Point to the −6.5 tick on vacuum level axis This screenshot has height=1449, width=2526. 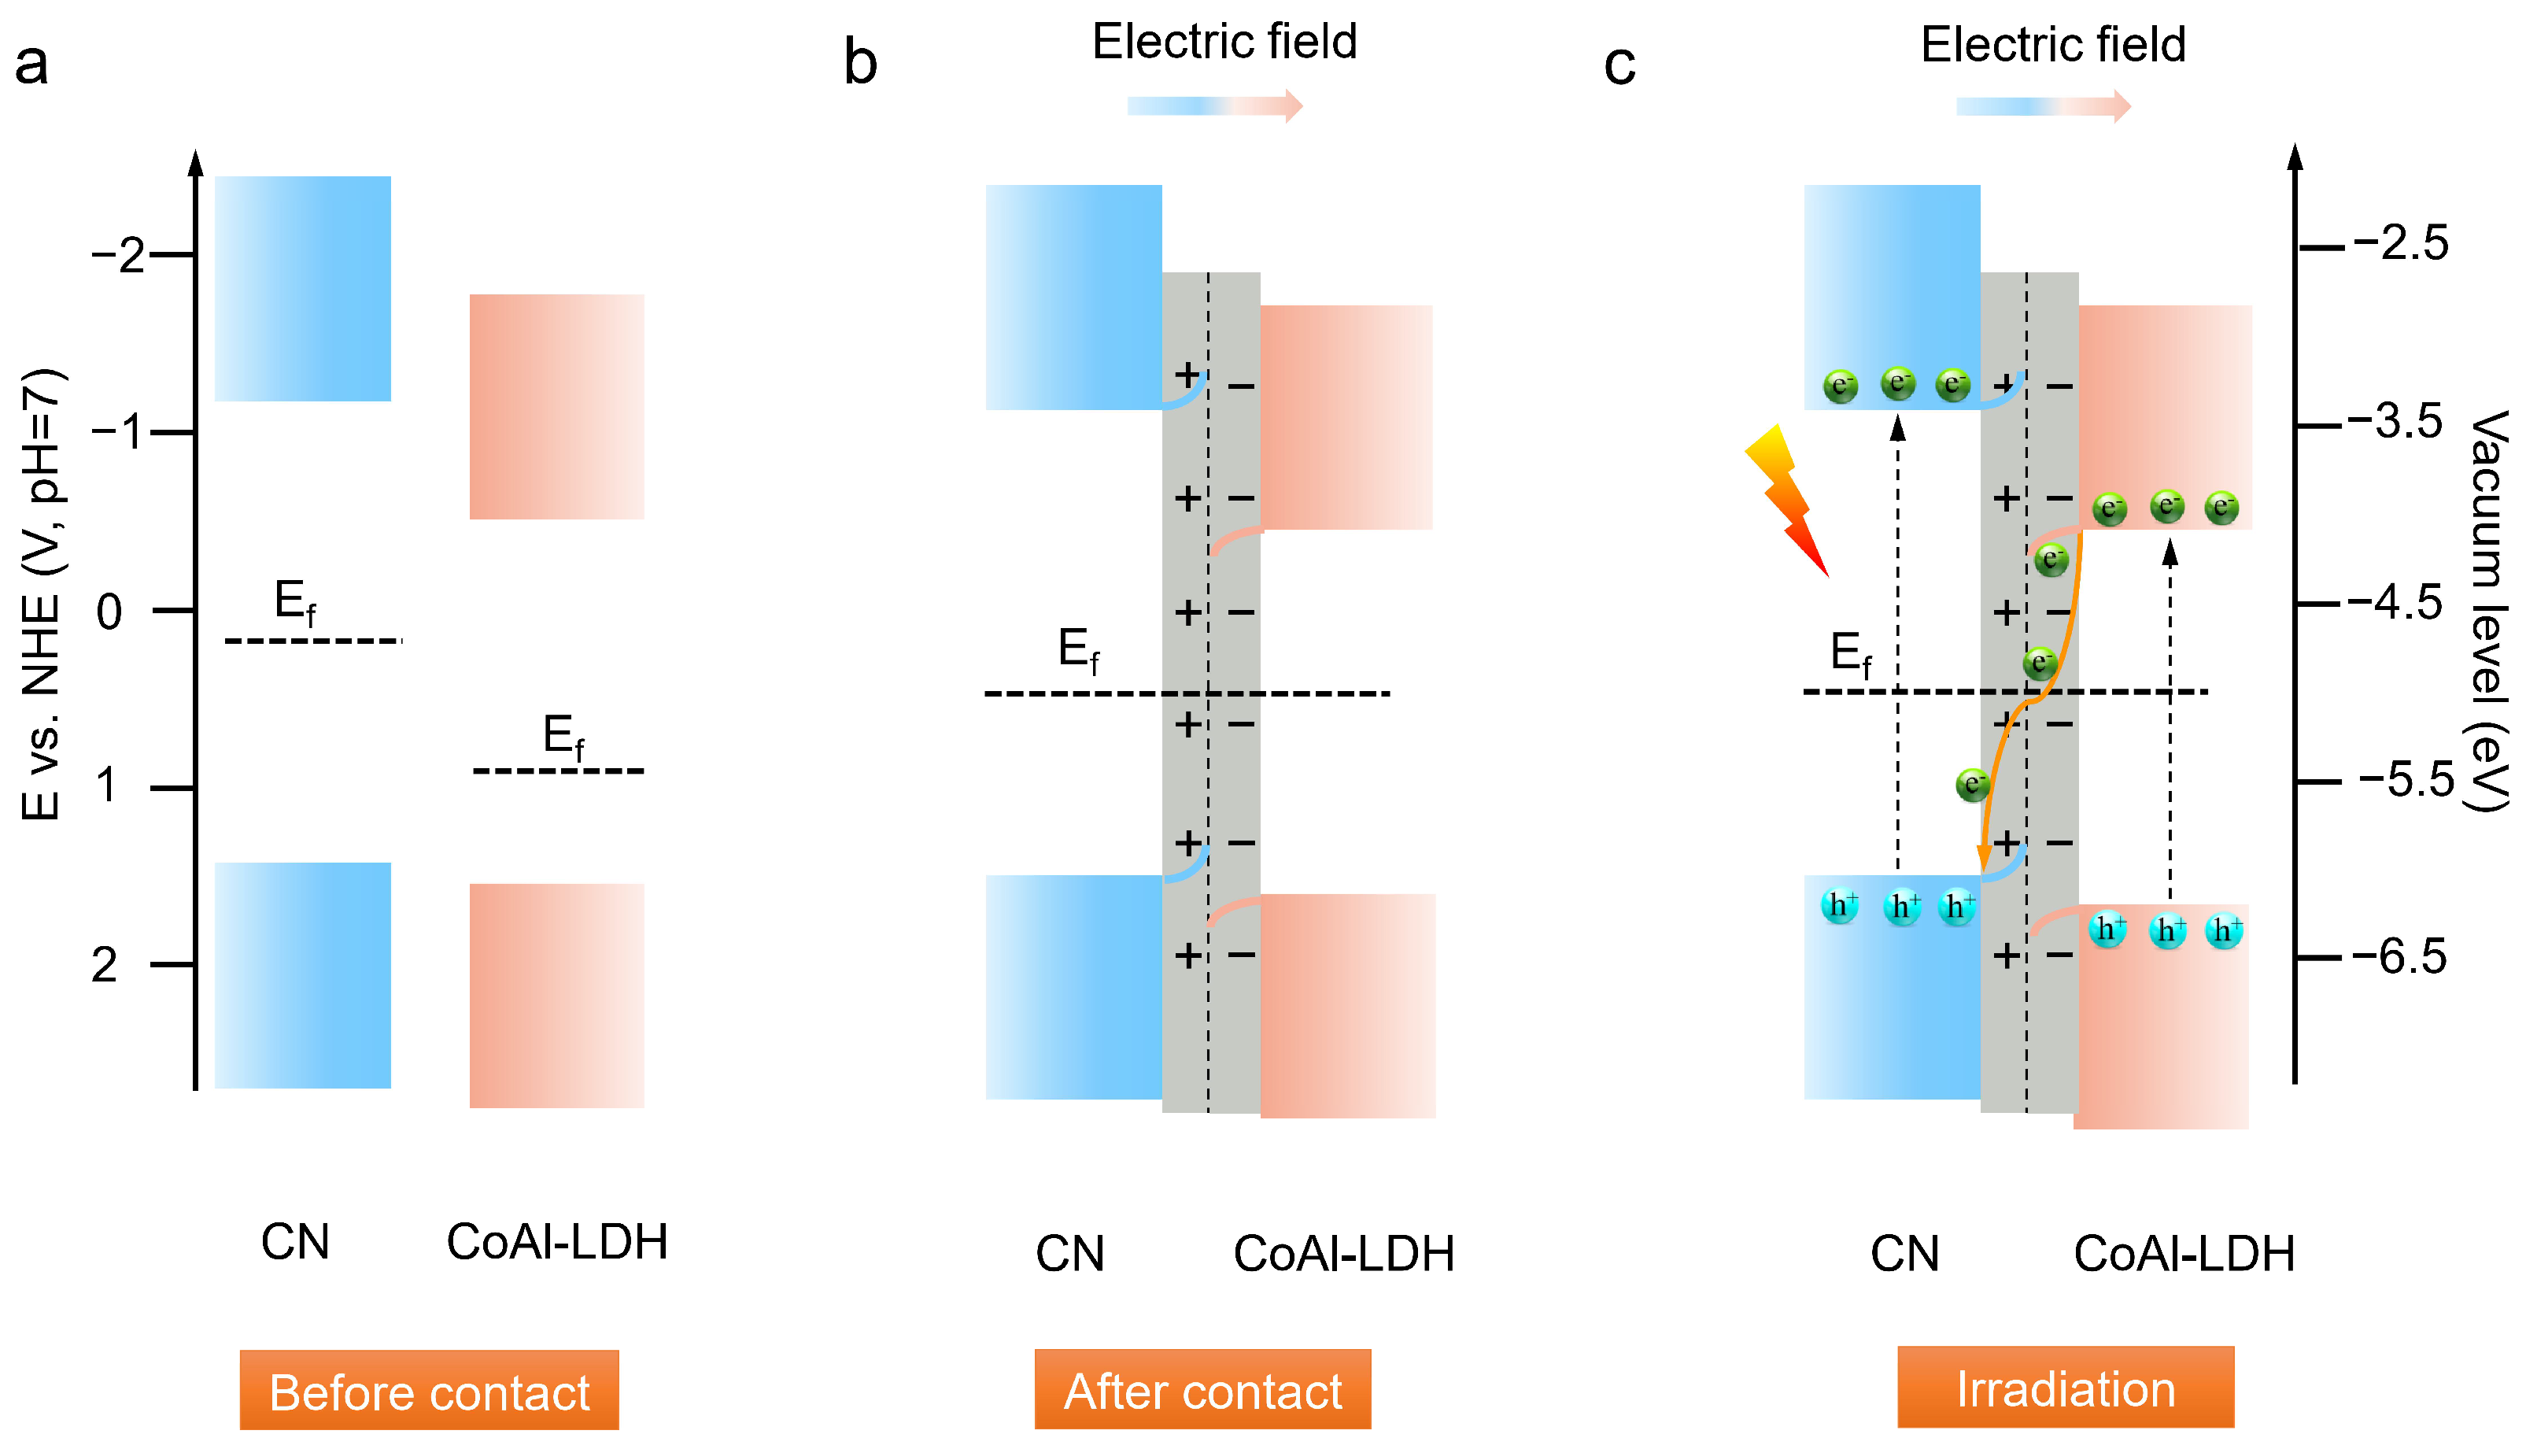2398,957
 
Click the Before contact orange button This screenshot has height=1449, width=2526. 429,1390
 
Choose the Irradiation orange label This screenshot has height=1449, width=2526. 2066,1388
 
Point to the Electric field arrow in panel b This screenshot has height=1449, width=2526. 1213,105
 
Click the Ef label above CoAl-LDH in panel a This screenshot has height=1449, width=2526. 563,737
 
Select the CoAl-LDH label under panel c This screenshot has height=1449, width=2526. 2184,1254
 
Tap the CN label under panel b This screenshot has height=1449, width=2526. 1069,1254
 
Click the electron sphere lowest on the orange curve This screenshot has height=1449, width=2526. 1972,784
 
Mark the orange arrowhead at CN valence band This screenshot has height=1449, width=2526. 1983,858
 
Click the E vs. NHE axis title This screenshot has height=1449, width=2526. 42,594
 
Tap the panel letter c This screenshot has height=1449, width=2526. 1619,65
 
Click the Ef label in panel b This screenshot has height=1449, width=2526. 1078,651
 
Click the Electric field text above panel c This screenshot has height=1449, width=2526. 2052,45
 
